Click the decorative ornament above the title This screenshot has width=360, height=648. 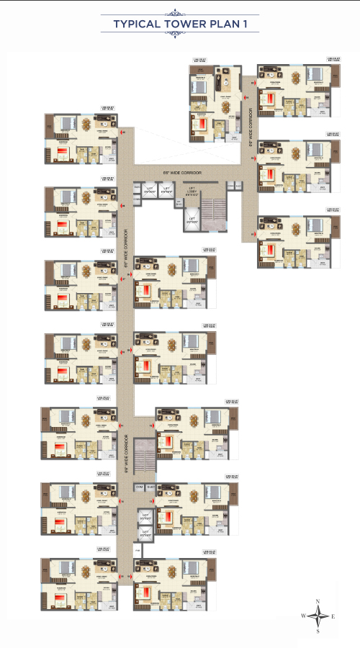coord(180,12)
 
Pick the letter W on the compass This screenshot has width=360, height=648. coord(304,616)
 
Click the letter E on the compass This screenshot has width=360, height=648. coord(333,616)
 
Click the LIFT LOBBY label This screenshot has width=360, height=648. coord(191,193)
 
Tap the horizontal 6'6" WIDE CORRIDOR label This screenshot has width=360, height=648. coord(182,174)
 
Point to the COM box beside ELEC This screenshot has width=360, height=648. coord(138,488)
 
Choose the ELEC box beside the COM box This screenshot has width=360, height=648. coord(150,488)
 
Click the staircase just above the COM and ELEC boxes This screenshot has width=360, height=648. coord(145,456)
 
